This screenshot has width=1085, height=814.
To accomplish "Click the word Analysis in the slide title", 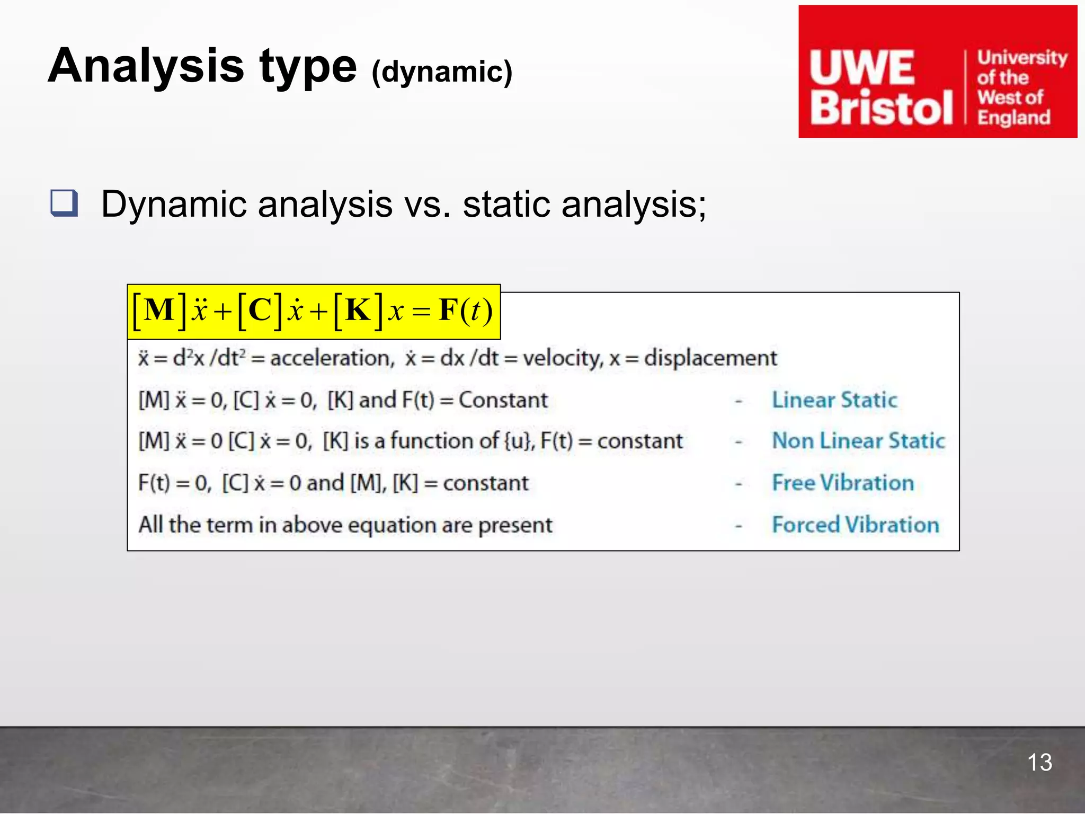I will [146, 66].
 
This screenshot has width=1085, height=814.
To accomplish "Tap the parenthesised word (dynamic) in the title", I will [442, 72].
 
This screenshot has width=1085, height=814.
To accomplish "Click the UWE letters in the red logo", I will [862, 68].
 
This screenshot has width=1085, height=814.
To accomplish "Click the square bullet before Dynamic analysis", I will [64, 203].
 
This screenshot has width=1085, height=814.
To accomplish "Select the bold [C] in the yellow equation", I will [260, 310].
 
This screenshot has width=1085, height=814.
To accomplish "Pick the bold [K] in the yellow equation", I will [358, 310].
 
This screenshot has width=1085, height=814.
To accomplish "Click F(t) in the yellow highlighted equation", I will [466, 311].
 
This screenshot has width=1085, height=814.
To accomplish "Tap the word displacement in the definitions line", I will [710, 358].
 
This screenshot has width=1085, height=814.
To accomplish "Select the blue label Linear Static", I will [834, 400].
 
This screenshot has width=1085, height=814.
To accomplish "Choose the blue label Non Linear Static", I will [858, 441].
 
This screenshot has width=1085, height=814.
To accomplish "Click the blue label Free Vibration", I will [843, 483].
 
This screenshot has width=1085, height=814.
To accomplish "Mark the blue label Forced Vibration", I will [855, 525].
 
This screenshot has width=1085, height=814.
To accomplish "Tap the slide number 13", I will [1039, 763].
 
